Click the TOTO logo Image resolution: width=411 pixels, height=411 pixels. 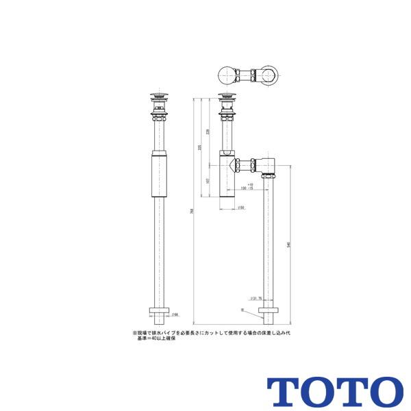[x=335, y=390]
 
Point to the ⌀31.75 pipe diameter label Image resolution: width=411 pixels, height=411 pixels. [x=256, y=298]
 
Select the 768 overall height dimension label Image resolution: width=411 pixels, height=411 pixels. [x=191, y=211]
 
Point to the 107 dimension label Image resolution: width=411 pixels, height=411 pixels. [x=208, y=182]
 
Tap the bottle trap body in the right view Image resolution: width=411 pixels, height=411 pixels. [x=227, y=175]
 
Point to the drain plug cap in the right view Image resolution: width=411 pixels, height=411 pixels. [x=227, y=95]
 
